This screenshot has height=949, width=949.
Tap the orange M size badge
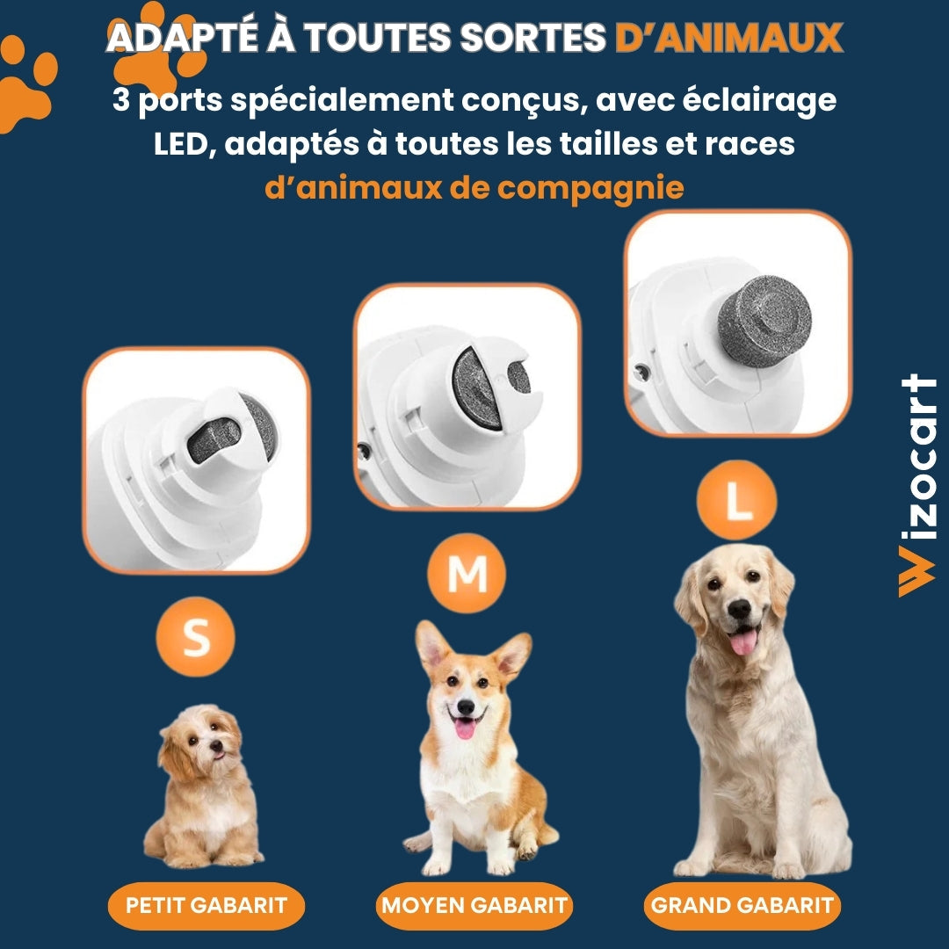467,575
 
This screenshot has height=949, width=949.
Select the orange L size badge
736,500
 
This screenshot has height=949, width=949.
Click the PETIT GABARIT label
206,905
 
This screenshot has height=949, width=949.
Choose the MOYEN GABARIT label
474,905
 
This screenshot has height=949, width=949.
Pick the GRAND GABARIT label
742,905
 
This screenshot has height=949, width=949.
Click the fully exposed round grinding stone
764,321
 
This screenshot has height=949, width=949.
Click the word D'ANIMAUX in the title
728,38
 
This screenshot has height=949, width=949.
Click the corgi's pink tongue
465,728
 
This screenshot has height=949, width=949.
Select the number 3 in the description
121,101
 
